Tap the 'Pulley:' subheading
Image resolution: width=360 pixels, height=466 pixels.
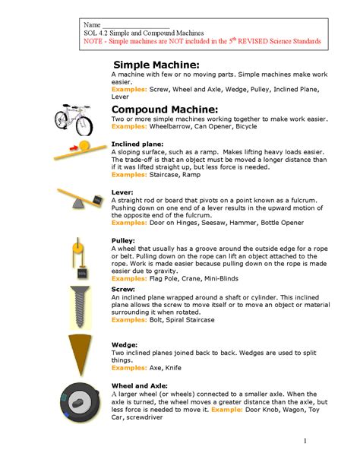click(x=124, y=240)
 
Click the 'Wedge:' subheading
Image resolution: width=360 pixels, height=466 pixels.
click(x=125, y=344)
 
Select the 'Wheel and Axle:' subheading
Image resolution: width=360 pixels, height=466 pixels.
click(x=141, y=385)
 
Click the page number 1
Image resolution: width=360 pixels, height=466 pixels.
click(x=304, y=440)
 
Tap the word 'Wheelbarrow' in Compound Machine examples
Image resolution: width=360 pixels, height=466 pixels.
click(x=172, y=127)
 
